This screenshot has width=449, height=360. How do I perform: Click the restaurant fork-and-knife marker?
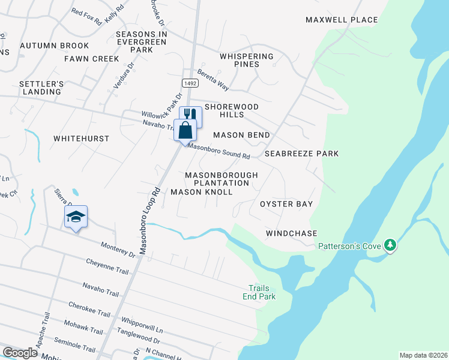[x=191, y=115]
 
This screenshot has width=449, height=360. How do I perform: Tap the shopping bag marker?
[x=185, y=130]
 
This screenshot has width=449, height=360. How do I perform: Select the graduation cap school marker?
[x=76, y=217]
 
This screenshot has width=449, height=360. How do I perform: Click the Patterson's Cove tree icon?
[x=390, y=245]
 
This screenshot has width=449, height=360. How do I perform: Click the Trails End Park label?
[x=259, y=292]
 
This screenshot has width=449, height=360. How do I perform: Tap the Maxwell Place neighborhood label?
[x=342, y=20]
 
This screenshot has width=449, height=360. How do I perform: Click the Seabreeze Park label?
[x=303, y=154]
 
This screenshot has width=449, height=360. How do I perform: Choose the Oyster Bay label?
[x=286, y=204]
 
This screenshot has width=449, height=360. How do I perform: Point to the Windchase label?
[x=291, y=233]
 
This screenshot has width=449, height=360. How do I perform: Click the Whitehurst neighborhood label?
[x=82, y=139]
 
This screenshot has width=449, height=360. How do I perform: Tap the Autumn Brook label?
[x=54, y=46]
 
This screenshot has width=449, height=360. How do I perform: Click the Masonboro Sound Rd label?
[x=218, y=151]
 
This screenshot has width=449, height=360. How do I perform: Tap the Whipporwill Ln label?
[x=142, y=326]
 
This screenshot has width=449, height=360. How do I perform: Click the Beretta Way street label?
[x=213, y=78]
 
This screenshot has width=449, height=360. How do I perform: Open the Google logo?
[x=20, y=353]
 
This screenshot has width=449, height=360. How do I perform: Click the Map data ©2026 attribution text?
[x=423, y=355]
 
